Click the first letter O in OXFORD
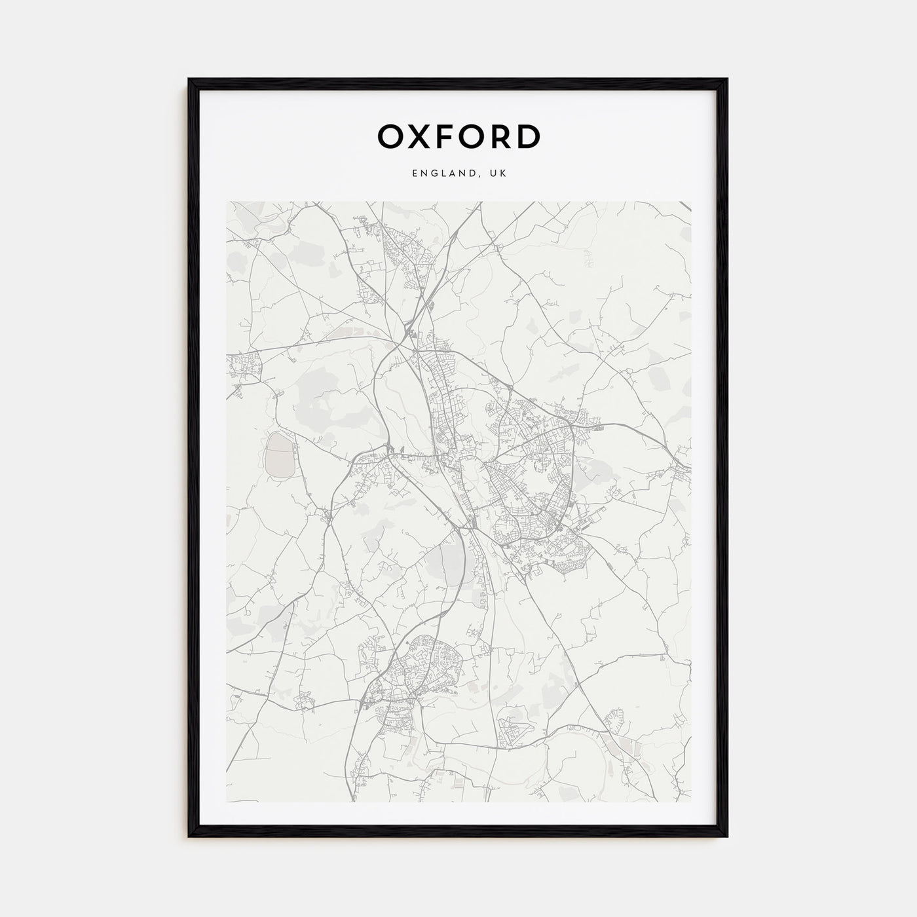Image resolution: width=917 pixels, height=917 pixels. pos(390,136)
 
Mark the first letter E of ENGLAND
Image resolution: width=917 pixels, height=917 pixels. pos(415,174)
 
